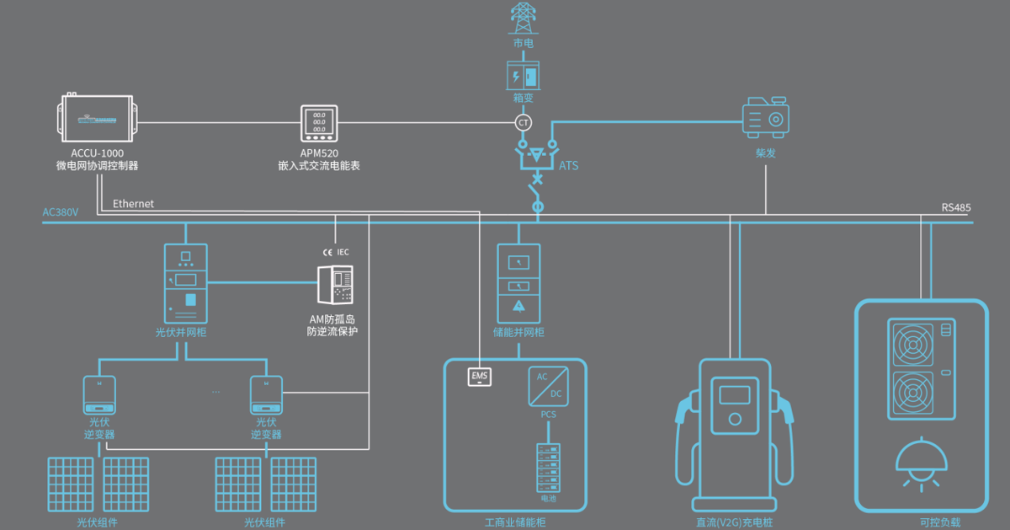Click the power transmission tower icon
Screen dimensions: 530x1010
click(523, 18)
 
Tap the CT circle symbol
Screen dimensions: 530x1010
click(524, 123)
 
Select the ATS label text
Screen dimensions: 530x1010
click(569, 165)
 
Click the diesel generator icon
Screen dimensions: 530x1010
click(765, 118)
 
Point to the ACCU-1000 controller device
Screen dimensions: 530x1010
click(97, 118)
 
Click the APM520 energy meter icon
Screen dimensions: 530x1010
click(319, 124)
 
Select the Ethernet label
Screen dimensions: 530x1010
click(133, 204)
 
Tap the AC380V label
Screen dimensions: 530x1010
click(61, 212)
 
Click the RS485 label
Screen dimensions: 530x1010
click(956, 208)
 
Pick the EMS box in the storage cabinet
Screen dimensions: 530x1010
click(480, 376)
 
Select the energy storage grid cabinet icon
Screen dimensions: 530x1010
click(518, 282)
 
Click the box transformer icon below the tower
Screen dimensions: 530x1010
click(523, 76)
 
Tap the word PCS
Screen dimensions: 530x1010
click(548, 415)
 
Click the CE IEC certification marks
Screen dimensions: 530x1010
click(335, 252)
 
